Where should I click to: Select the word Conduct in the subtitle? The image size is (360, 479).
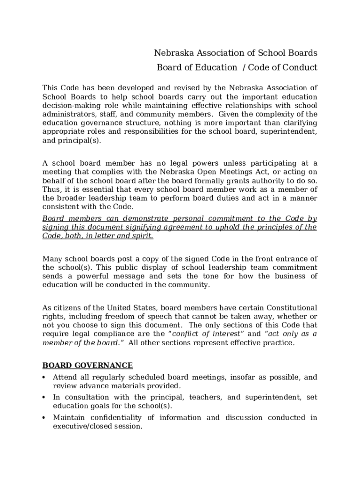coord(300,67)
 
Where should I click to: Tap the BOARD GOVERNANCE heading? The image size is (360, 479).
coord(87,365)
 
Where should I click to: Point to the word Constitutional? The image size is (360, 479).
coord(289,308)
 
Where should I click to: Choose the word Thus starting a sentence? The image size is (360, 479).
coord(51,189)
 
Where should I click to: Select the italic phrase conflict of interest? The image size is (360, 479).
coord(207,334)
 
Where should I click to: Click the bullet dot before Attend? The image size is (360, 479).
coord(44,377)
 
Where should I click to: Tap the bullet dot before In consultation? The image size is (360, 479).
coord(44,398)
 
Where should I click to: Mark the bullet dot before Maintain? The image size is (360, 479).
coord(44,418)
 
